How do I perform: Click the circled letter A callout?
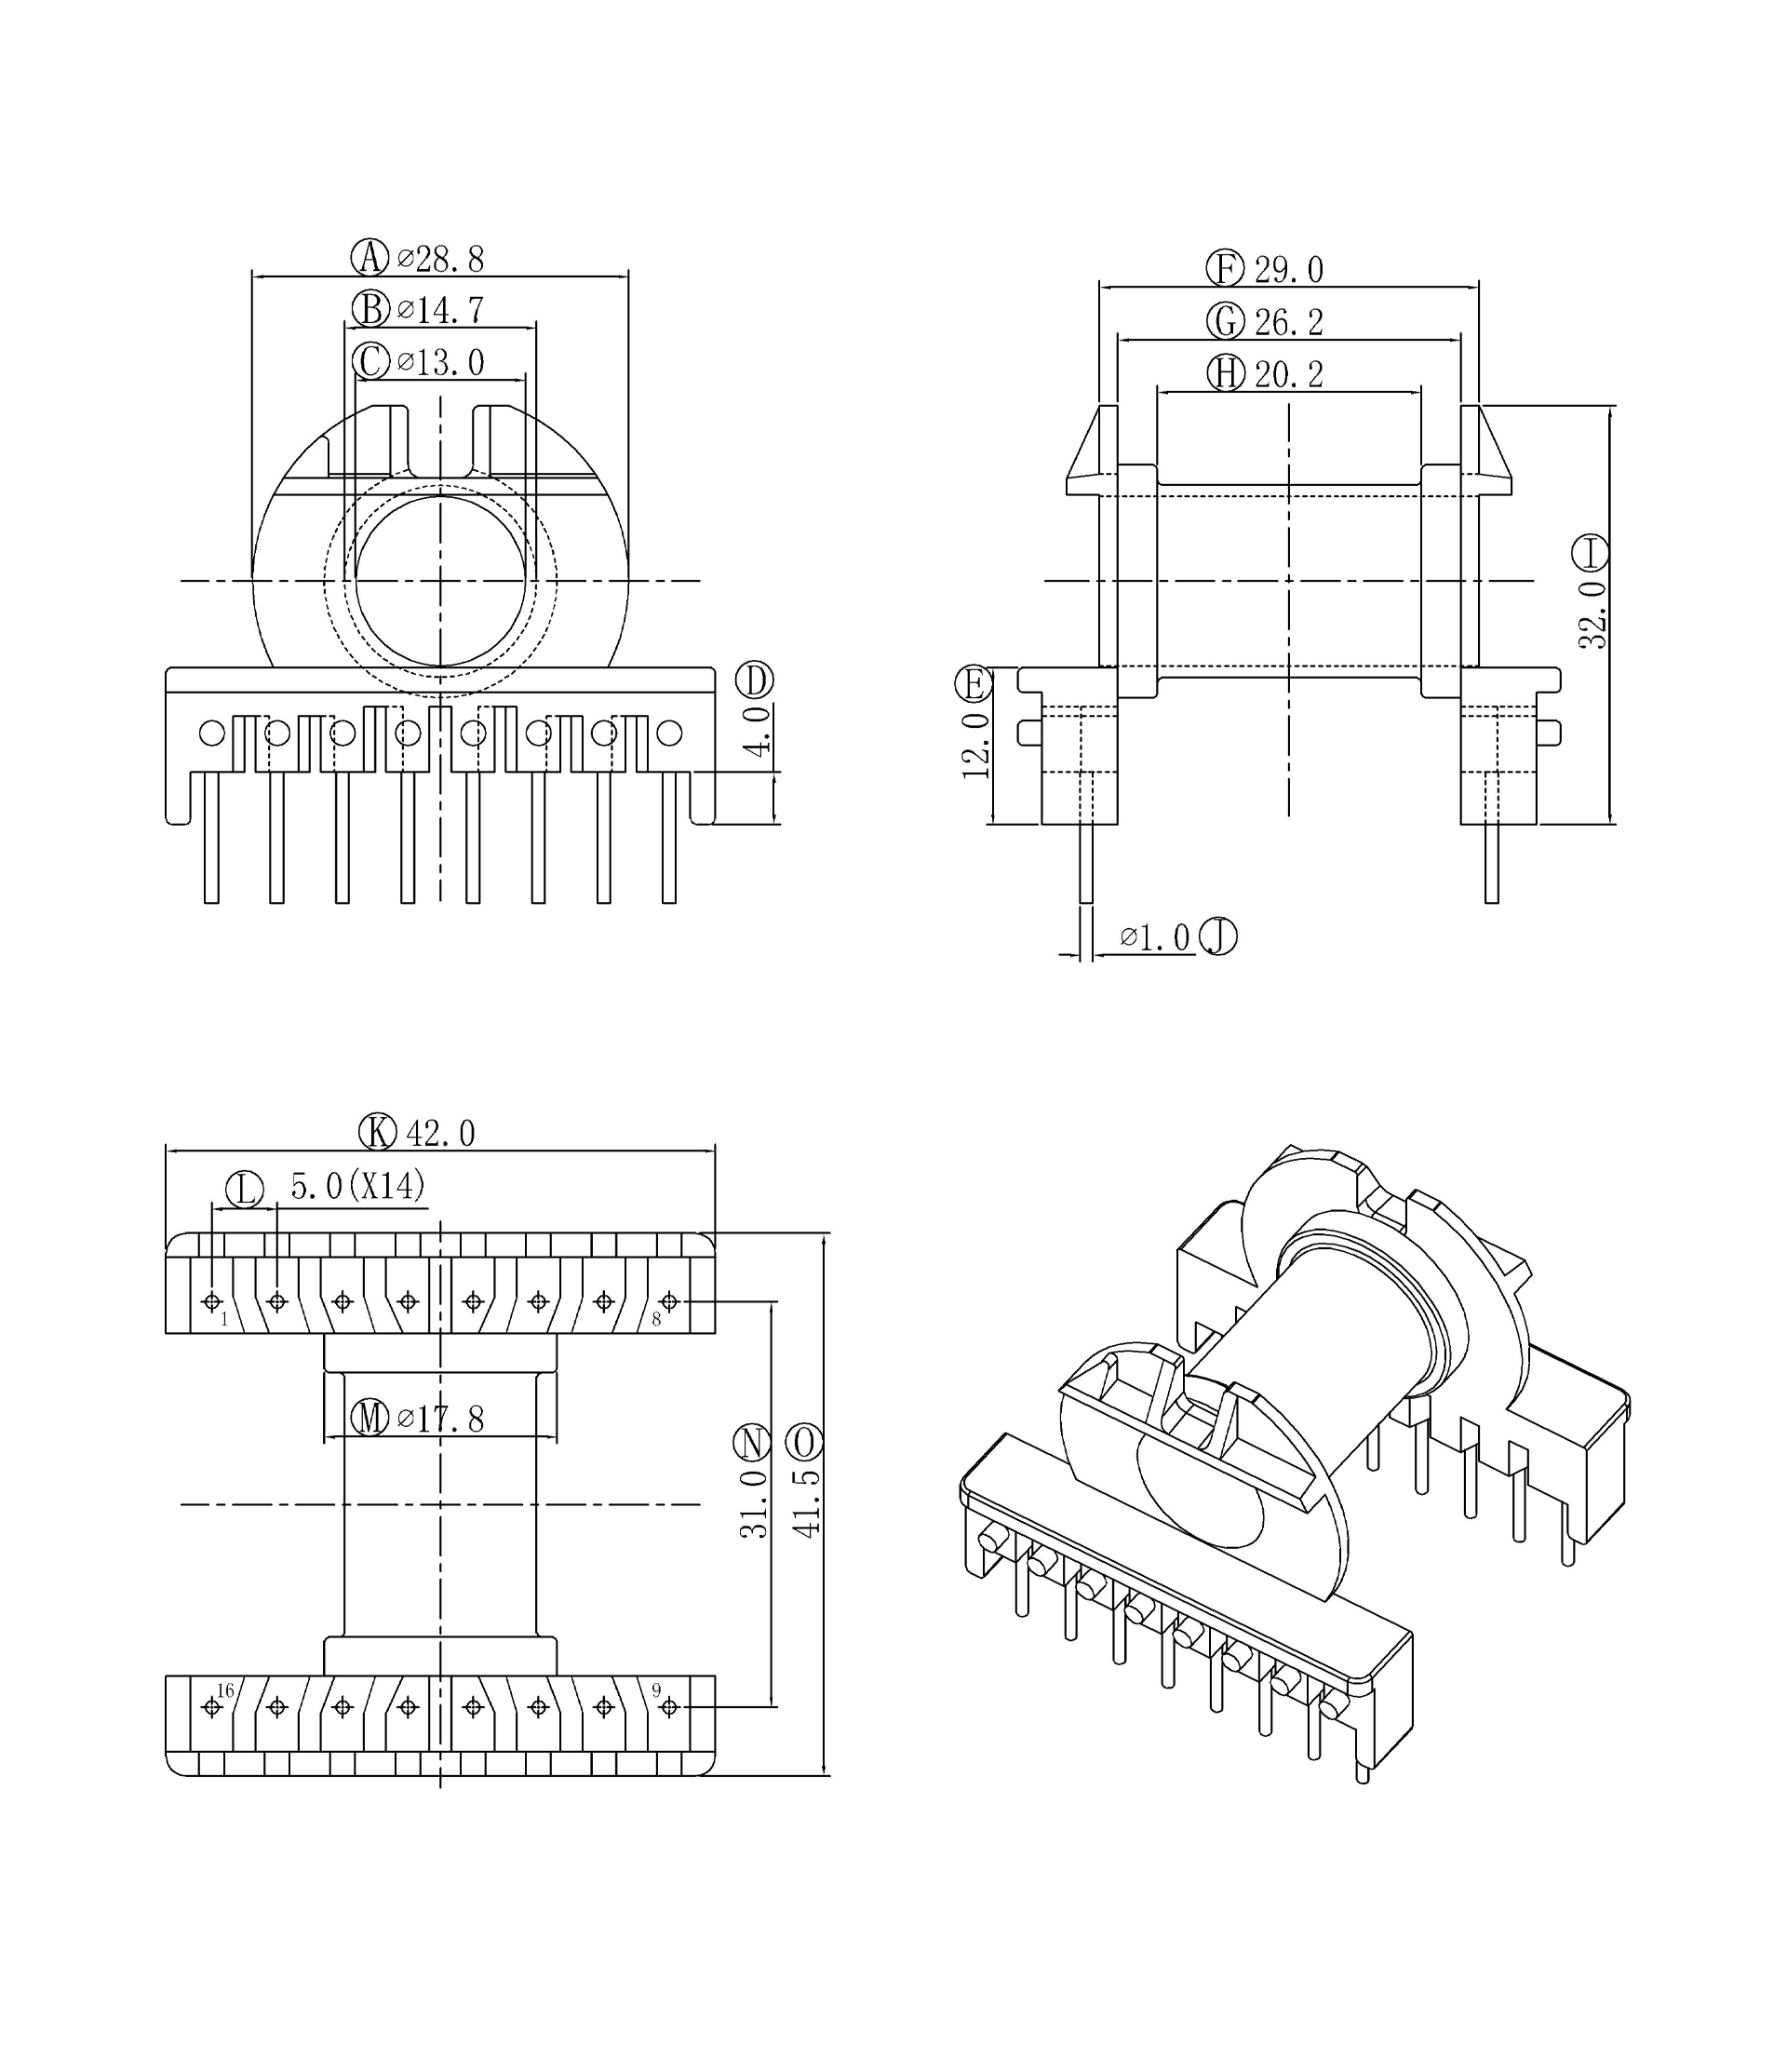[370, 257]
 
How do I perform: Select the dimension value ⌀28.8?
[441, 259]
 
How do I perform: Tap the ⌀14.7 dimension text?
[441, 310]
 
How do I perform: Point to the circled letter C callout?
[371, 361]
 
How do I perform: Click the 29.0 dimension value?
[1288, 270]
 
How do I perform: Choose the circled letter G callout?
[1226, 321]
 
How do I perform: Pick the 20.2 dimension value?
[1288, 374]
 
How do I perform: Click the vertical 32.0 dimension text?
[1592, 616]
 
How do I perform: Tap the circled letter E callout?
[974, 684]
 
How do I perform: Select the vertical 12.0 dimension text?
[975, 746]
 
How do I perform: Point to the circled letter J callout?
[1218, 937]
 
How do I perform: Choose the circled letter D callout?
[755, 681]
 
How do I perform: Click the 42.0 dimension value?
[439, 1134]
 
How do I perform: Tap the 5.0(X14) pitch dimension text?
[358, 1187]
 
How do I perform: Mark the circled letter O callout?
[805, 1443]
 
